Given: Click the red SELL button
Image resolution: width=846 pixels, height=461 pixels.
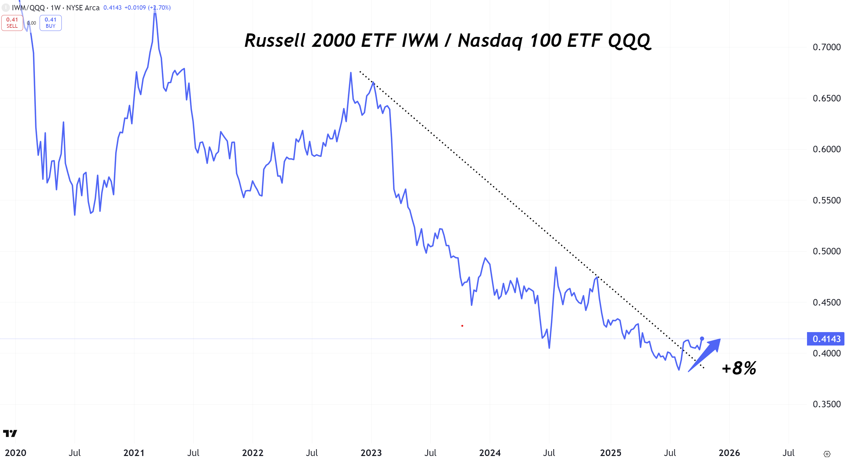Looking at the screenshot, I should [x=12, y=23].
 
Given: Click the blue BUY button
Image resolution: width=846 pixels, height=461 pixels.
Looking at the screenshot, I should [x=51, y=23].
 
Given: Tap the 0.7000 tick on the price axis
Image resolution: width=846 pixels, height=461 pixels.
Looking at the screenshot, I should [x=826, y=47].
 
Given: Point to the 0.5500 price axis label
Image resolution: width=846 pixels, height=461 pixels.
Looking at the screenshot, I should [x=826, y=200].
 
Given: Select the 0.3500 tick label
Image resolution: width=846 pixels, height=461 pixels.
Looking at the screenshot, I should [x=826, y=404].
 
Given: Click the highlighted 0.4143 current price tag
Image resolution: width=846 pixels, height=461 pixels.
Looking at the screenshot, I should [x=826, y=339].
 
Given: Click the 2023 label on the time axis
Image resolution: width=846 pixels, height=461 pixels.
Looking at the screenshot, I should [x=371, y=453].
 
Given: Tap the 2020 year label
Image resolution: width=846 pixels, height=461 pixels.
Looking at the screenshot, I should [x=15, y=453].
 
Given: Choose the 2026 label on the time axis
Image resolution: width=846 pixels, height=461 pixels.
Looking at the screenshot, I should [x=729, y=453].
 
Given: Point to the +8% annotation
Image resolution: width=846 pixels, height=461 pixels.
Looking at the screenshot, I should [x=739, y=368].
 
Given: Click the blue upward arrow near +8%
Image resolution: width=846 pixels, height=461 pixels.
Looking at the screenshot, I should [x=706, y=354].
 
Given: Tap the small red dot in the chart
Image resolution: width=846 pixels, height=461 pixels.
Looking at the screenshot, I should [x=462, y=326].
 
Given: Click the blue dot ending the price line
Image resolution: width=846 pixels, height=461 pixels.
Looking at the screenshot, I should [x=702, y=338].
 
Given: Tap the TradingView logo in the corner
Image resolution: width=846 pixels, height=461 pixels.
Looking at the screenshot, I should [x=10, y=434].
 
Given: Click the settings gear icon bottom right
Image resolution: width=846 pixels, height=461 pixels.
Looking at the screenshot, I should [x=827, y=454].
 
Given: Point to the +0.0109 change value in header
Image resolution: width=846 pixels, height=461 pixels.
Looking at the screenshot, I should [x=135, y=7].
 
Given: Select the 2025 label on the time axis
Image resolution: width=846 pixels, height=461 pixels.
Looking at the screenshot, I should [x=610, y=453].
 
